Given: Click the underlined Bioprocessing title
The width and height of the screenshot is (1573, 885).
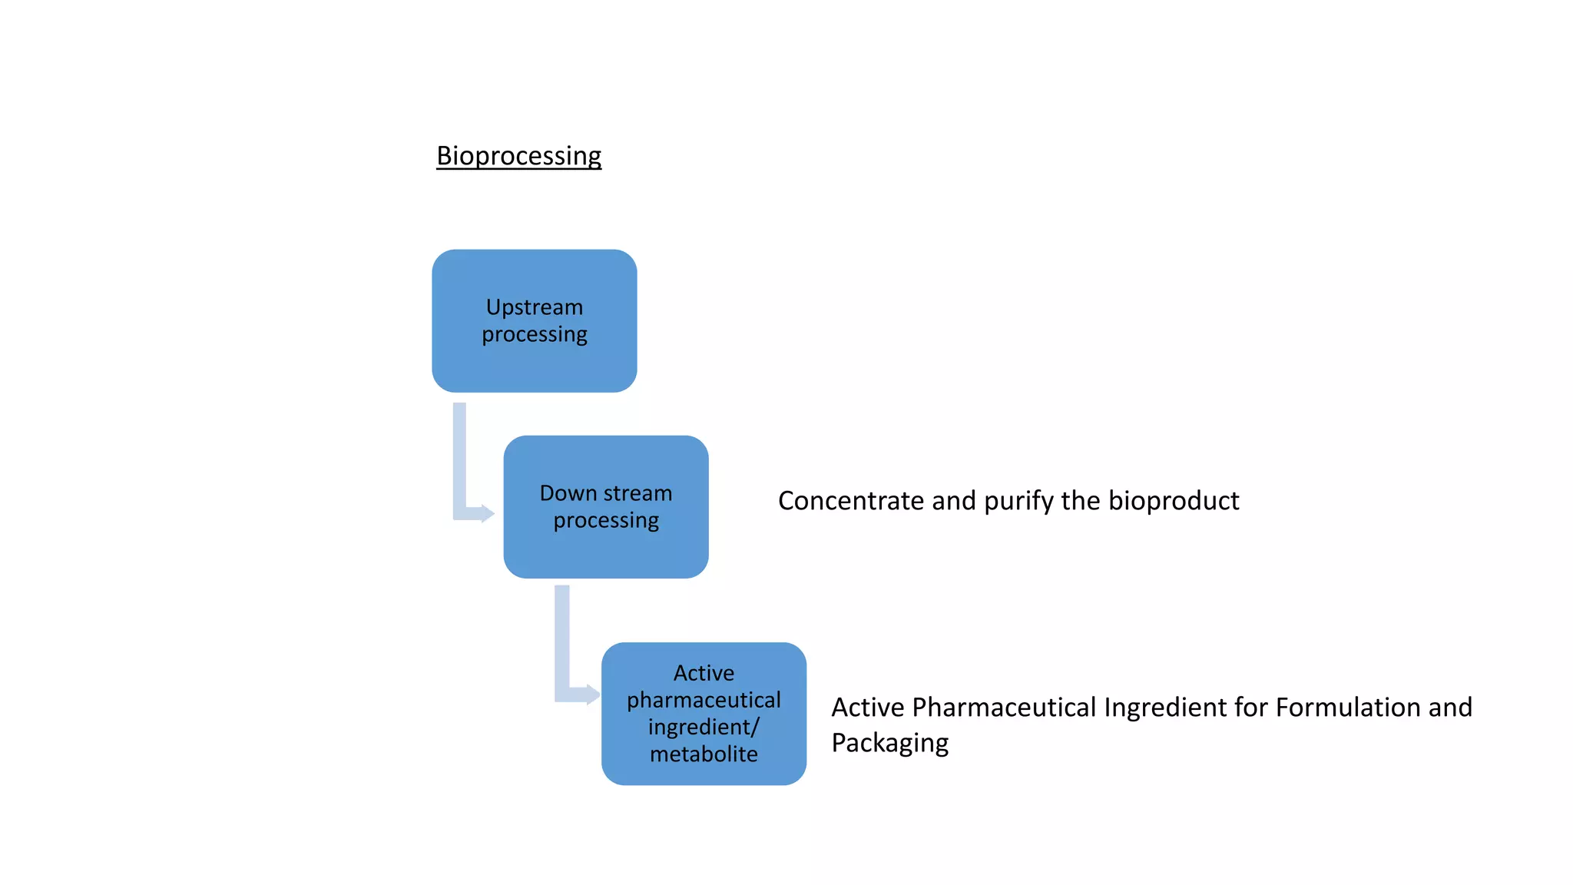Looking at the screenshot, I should pyautogui.click(x=518, y=156).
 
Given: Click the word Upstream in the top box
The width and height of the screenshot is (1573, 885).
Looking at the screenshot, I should pyautogui.click(x=534, y=307).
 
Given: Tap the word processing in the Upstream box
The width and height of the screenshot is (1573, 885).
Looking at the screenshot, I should pyautogui.click(x=534, y=335).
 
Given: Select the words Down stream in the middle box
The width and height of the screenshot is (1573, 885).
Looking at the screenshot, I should pyautogui.click(x=605, y=492).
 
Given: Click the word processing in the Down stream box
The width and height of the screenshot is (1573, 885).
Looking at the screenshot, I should pyautogui.click(x=605, y=521).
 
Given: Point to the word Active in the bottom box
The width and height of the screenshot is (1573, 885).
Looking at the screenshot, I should pyautogui.click(x=704, y=673).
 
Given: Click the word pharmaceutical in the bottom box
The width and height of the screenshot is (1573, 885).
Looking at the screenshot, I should pyautogui.click(x=704, y=700).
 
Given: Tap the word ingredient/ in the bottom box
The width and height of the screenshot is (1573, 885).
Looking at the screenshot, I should pyautogui.click(x=704, y=727).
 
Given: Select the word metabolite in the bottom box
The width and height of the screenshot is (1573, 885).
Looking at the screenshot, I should pyautogui.click(x=704, y=754).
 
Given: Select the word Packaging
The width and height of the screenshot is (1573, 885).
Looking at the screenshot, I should pyautogui.click(x=889, y=743).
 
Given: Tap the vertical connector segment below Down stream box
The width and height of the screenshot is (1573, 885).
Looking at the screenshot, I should pyautogui.click(x=562, y=638).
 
